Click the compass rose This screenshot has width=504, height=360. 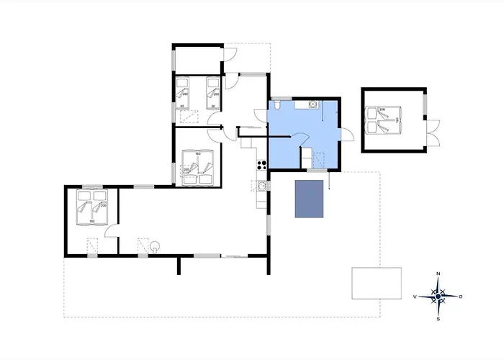tap(438, 295)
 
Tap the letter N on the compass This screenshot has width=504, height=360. tap(438, 274)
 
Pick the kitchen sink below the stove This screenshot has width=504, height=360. tap(262, 186)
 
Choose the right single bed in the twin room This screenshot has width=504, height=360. tap(213, 92)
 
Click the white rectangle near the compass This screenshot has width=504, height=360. tap(376, 283)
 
